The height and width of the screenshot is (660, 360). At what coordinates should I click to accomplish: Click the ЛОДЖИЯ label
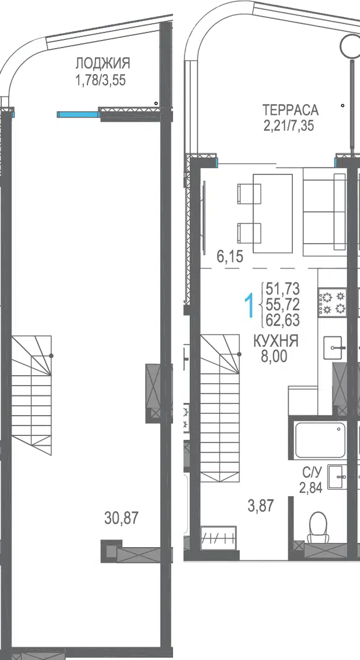(x=102, y=64)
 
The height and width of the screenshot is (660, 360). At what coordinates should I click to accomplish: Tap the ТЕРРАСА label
(x=290, y=110)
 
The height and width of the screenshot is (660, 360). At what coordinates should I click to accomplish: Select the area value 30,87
(x=121, y=518)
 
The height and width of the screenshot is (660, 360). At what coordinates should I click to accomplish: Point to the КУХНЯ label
(x=276, y=341)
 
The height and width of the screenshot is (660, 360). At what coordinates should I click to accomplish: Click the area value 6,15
(x=230, y=256)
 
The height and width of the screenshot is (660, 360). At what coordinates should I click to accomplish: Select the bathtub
(x=321, y=440)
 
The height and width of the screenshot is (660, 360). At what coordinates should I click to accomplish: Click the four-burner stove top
(x=332, y=302)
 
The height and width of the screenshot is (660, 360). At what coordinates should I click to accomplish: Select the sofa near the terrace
(x=325, y=214)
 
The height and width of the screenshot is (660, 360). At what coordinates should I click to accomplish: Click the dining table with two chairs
(x=265, y=214)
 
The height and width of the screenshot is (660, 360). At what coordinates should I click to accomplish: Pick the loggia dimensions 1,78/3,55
(x=100, y=80)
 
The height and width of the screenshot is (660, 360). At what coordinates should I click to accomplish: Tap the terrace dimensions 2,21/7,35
(x=288, y=126)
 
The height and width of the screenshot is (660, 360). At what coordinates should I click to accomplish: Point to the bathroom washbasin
(x=337, y=477)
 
